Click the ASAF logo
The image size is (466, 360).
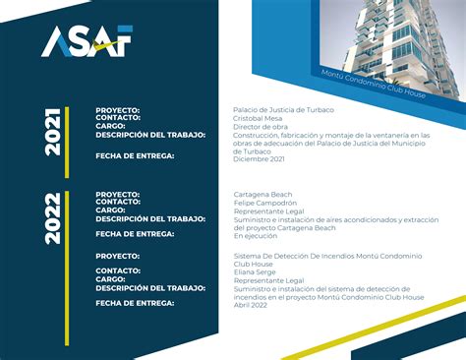87,40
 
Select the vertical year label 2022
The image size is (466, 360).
53,218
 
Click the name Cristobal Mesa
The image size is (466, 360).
255,118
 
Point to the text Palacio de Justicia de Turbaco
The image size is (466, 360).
283,109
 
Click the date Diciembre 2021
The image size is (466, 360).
259,158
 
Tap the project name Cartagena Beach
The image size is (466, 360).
262,195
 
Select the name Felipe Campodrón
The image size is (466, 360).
264,203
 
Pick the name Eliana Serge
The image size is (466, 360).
255,271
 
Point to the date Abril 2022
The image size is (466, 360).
251,304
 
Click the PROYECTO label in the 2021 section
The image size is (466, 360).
117,110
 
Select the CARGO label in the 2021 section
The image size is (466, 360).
110,126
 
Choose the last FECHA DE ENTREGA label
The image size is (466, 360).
135,304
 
